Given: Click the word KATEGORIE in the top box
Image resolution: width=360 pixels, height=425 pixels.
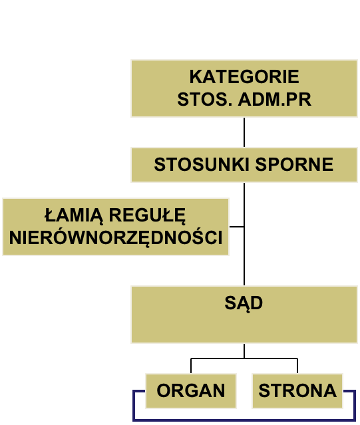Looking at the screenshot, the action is point(244,76).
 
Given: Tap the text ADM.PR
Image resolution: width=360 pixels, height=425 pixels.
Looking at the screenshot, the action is point(275,99).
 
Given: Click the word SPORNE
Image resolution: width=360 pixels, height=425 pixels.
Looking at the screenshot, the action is point(294,164).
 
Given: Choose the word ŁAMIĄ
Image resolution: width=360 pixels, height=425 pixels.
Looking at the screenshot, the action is point(74,216).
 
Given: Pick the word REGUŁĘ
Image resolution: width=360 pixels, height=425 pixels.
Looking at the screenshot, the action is point(147,216).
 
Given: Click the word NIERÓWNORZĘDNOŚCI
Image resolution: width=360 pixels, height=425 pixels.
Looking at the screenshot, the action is point(116,237).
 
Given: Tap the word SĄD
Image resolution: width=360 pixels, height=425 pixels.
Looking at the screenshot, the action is point(244,303).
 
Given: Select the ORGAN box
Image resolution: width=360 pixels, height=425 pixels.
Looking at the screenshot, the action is point(191,391).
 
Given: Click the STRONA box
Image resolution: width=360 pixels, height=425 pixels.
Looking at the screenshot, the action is point(297,391).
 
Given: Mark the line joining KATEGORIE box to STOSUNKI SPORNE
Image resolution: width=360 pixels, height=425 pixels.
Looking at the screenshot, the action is point(244,132).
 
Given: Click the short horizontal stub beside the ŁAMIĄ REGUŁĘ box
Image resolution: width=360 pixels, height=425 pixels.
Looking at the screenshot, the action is point(237,226).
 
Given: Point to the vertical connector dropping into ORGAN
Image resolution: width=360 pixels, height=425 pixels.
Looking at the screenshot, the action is point(191,366).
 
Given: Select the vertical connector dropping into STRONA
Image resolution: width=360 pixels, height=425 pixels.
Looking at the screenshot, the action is point(297,366).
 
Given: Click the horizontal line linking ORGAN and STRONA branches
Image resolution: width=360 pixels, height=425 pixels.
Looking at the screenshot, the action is point(244,358).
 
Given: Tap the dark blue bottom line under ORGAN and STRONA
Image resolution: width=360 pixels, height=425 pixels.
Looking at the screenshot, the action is point(244,420).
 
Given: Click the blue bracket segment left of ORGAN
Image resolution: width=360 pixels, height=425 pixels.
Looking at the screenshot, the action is point(134,405).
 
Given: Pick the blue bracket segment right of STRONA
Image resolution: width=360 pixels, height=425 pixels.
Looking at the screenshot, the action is point(355,405).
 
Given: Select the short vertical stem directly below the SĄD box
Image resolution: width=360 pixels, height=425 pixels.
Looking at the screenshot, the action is point(244,351).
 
